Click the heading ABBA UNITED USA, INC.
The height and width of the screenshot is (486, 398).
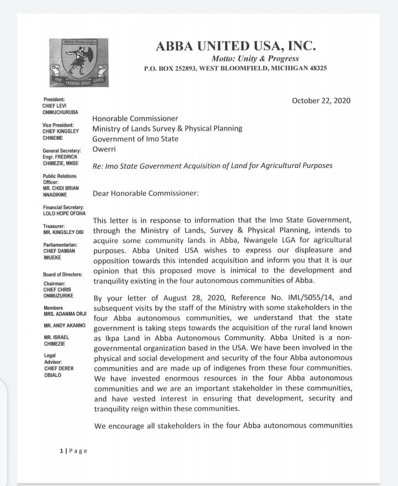click(235, 46)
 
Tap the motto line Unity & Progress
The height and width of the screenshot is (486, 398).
click(255, 58)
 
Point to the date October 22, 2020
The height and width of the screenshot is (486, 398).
click(321, 101)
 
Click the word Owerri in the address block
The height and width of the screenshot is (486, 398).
click(103, 149)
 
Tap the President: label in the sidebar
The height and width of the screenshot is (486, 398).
click(54, 100)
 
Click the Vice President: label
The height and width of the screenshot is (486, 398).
click(58, 126)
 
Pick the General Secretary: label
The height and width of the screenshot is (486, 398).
click(62, 151)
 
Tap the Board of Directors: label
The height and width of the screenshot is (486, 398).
click(62, 275)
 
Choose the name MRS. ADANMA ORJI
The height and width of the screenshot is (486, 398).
click(65, 312)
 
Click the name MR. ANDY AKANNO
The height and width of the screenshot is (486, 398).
click(64, 325)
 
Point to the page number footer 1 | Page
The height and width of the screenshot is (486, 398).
click(74, 451)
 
